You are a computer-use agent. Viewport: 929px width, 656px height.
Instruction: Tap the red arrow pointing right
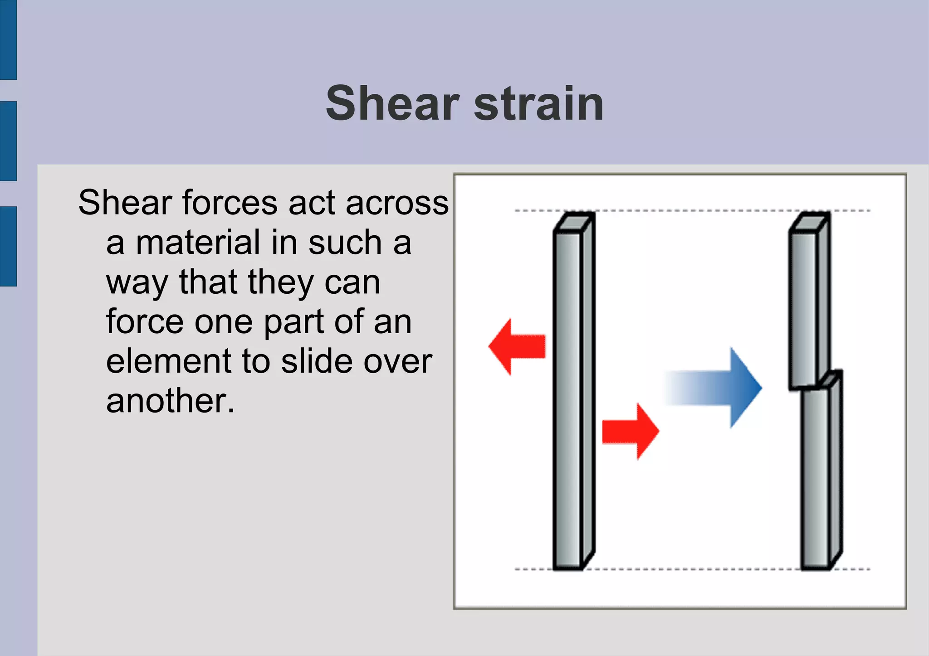tap(631, 431)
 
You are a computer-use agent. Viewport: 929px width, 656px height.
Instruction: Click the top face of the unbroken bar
tap(574, 222)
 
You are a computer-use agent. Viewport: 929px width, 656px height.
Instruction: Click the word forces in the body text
tap(230, 203)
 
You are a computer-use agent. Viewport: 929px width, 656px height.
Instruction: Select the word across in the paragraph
tap(397, 203)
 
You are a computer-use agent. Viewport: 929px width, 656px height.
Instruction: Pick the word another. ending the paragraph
tap(170, 401)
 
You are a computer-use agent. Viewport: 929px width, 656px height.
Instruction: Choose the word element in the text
tap(168, 361)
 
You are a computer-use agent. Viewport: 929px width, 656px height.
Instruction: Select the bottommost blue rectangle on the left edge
tap(8, 246)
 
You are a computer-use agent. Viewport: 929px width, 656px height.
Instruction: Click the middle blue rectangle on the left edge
tap(8, 141)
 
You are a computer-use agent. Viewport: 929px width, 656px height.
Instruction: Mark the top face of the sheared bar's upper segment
tap(810, 222)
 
